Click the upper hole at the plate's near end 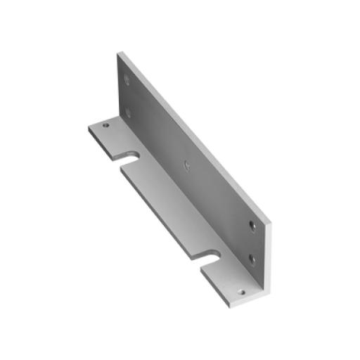[x=252, y=226]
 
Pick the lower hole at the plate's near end [x=252, y=258]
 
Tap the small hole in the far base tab [x=106, y=126]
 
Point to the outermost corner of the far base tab [x=89, y=127]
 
